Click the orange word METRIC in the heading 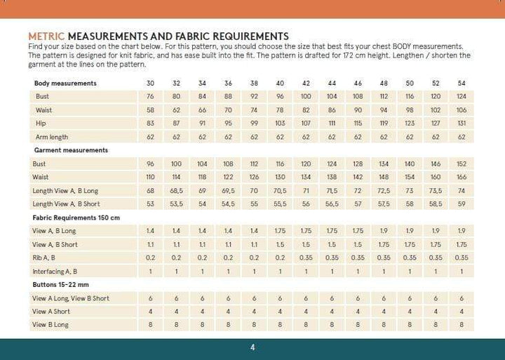click(46, 36)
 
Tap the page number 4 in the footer click(252, 347)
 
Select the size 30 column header click(150, 84)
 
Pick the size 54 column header click(461, 84)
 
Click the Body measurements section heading click(65, 84)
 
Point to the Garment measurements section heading click(71, 150)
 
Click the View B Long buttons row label click(50, 325)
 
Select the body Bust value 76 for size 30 click(150, 97)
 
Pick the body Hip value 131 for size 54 click(461, 124)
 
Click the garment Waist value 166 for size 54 click(461, 177)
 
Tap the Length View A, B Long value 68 click(150, 191)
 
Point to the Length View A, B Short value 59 click(461, 204)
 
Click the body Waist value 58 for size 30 click(150, 110)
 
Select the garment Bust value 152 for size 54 click(461, 164)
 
